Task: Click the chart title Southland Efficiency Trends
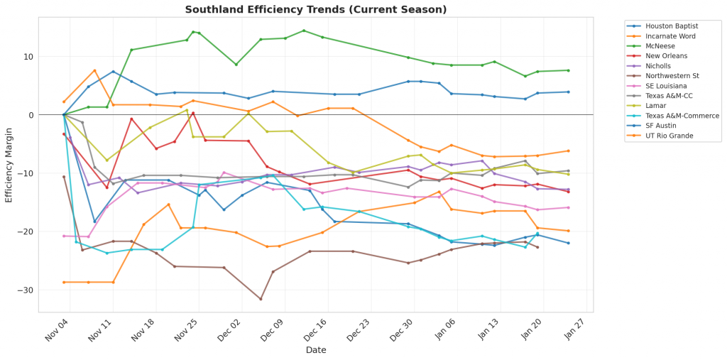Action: click(x=316, y=9)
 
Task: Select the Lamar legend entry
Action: click(x=657, y=106)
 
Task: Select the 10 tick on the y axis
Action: click(x=29, y=57)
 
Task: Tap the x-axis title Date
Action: click(x=316, y=350)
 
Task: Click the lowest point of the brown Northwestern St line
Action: click(x=261, y=299)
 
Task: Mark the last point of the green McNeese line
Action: click(x=568, y=70)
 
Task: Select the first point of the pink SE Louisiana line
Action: click(x=64, y=236)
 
